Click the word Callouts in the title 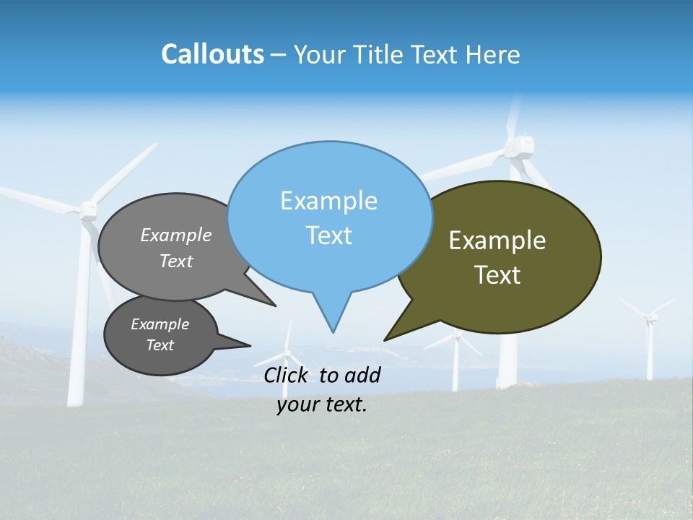coord(212,54)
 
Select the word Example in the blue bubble coord(328,201)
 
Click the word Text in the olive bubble coord(497,275)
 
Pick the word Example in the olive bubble coord(497,240)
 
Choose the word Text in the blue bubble coord(328,235)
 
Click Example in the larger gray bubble coord(175,235)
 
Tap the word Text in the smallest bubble coord(160,345)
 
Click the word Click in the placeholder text coord(287,375)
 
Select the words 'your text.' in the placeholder coord(322,405)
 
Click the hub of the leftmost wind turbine coord(88,209)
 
